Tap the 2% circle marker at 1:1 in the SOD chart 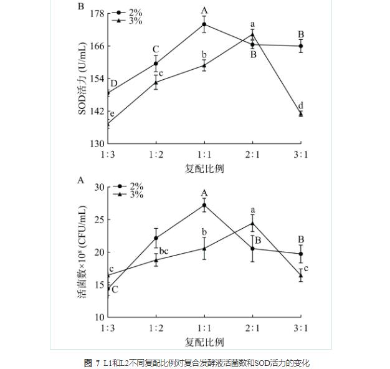point(204,24)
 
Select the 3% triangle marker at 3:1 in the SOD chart point(301,113)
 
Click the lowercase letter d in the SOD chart point(301,105)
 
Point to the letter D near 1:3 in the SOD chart point(114,84)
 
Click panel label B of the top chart point(80,7)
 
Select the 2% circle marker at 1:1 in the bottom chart point(204,205)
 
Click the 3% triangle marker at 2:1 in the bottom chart point(252,223)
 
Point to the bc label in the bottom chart point(164,251)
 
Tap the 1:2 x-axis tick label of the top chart point(156,155)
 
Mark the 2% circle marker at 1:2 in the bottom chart point(156,238)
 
